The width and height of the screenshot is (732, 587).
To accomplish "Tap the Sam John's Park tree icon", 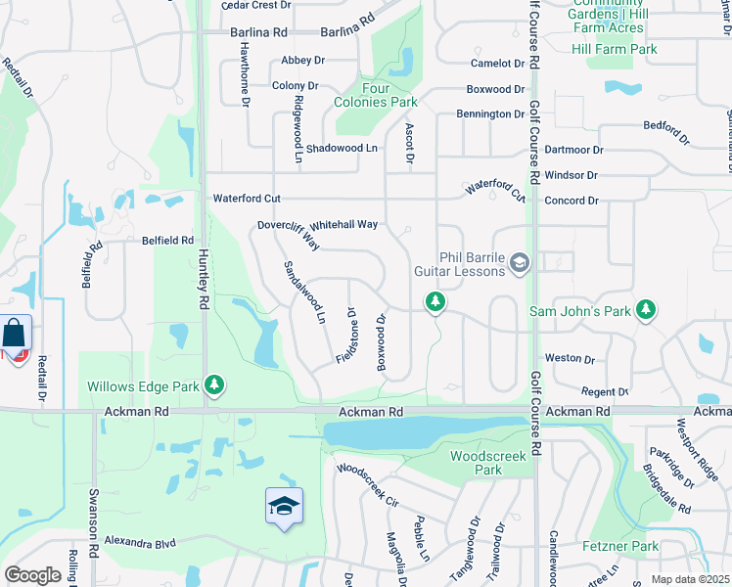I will click(645, 310).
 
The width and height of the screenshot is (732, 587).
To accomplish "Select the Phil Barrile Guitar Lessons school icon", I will click(520, 261).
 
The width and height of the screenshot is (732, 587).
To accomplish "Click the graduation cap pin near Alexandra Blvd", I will click(284, 506).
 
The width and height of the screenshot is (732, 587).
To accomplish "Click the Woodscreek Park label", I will click(476, 463).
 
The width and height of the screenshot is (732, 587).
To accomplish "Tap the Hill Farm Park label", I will click(615, 49).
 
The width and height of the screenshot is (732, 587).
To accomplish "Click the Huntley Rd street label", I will click(204, 278).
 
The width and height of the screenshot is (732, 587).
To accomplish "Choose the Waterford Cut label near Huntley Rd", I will click(247, 199).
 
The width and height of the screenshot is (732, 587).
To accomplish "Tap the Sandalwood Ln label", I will click(303, 292).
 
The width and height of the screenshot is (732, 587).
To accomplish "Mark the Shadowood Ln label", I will click(342, 148).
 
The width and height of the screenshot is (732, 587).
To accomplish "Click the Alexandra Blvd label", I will click(139, 541).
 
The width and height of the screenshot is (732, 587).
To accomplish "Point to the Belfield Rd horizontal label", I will click(167, 240).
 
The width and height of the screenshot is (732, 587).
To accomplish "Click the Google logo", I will click(32, 575).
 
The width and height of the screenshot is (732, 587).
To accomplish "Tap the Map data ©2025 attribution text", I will click(690, 579).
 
